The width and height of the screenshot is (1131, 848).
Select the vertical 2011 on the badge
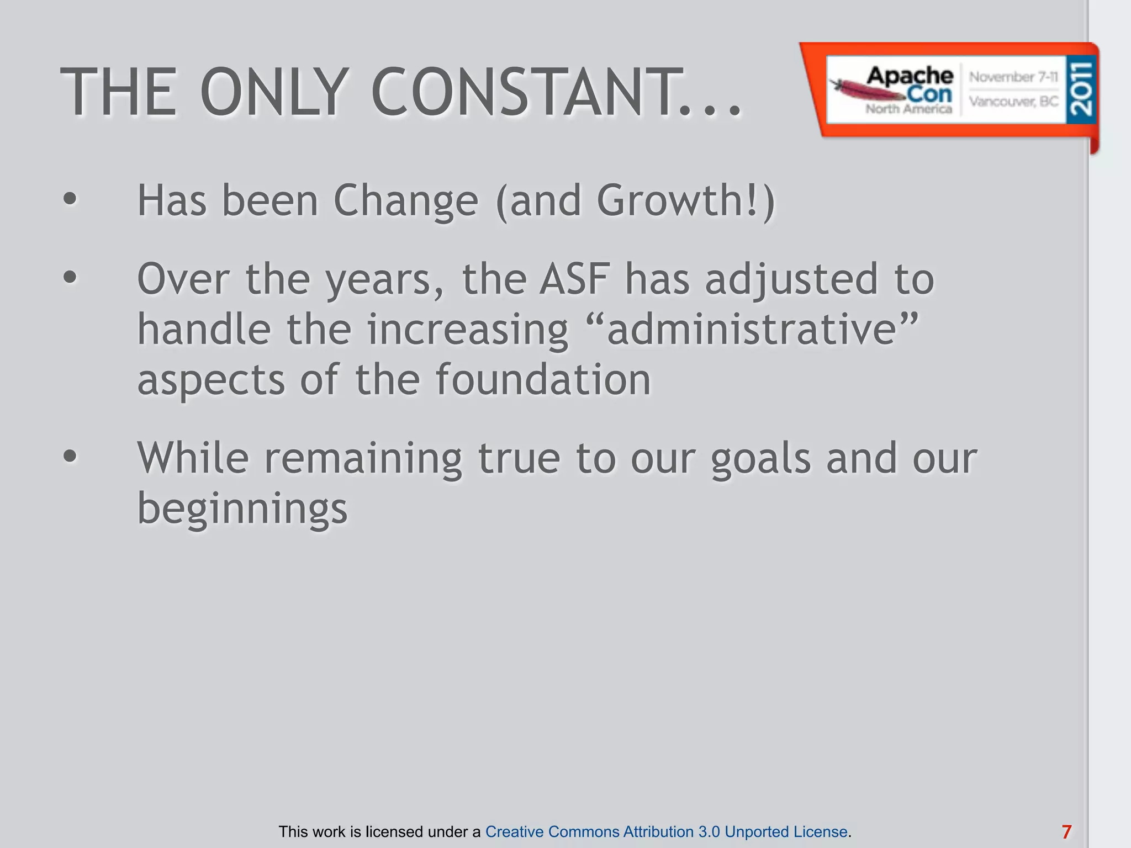tap(1081, 89)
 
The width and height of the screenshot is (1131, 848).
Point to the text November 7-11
tap(1013, 77)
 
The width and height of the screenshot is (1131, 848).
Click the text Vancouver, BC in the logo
tap(1013, 102)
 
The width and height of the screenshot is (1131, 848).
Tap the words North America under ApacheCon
tap(908, 109)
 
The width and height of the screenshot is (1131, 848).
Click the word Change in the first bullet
tap(406, 200)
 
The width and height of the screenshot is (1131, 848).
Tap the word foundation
tap(543, 380)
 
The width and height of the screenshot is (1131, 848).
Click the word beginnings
tap(242, 508)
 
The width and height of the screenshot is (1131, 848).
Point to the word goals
tap(760, 458)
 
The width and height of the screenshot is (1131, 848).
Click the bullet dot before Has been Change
tap(70, 199)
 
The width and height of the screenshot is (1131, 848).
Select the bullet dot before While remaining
tap(70, 457)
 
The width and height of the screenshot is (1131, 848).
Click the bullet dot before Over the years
tap(70, 278)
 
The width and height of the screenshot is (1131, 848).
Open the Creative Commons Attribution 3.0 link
tap(666, 831)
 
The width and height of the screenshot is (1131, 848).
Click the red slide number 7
tap(1066, 831)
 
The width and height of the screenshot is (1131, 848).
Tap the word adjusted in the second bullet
tap(791, 279)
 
